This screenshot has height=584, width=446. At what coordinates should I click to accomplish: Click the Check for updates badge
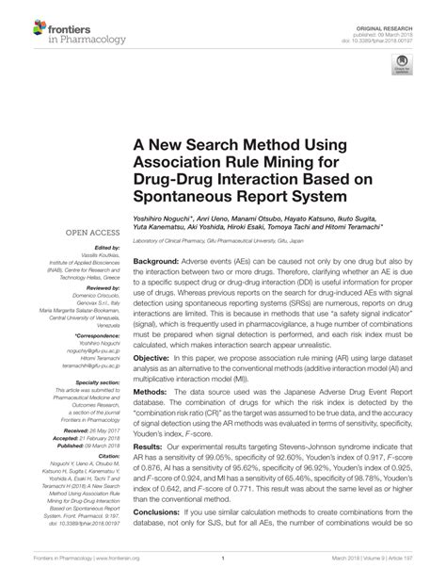coord(404,66)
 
